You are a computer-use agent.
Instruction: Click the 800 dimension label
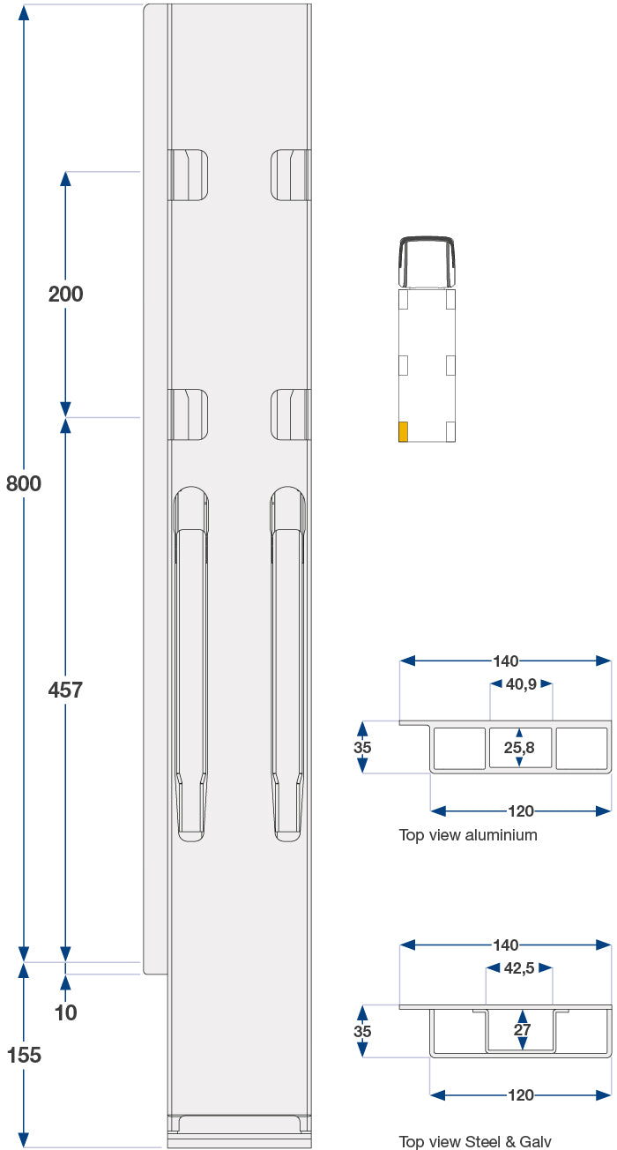pyautogui.click(x=23, y=483)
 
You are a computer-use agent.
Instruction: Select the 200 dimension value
pyautogui.click(x=65, y=294)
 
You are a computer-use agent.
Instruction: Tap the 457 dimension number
pyautogui.click(x=65, y=690)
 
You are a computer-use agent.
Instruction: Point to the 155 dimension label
pyautogui.click(x=23, y=1054)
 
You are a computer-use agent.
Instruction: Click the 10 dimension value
pyautogui.click(x=65, y=1012)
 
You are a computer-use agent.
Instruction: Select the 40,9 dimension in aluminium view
pyautogui.click(x=521, y=683)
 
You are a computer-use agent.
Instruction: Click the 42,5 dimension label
pyautogui.click(x=520, y=967)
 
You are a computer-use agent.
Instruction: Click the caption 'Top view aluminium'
pyautogui.click(x=467, y=834)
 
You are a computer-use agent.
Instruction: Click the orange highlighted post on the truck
pyautogui.click(x=403, y=431)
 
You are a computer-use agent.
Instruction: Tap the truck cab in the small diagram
pyautogui.click(x=427, y=262)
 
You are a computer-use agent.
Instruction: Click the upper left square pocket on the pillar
pyautogui.click(x=189, y=175)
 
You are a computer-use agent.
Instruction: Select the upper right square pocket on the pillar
pyautogui.click(x=290, y=175)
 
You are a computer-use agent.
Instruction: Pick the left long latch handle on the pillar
pyautogui.click(x=191, y=663)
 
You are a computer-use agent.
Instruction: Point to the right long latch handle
pyautogui.click(x=288, y=663)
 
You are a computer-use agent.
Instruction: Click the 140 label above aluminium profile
pyautogui.click(x=506, y=661)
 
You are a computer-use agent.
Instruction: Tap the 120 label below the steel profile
pyautogui.click(x=521, y=1094)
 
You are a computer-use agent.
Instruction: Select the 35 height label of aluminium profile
pyautogui.click(x=361, y=747)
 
